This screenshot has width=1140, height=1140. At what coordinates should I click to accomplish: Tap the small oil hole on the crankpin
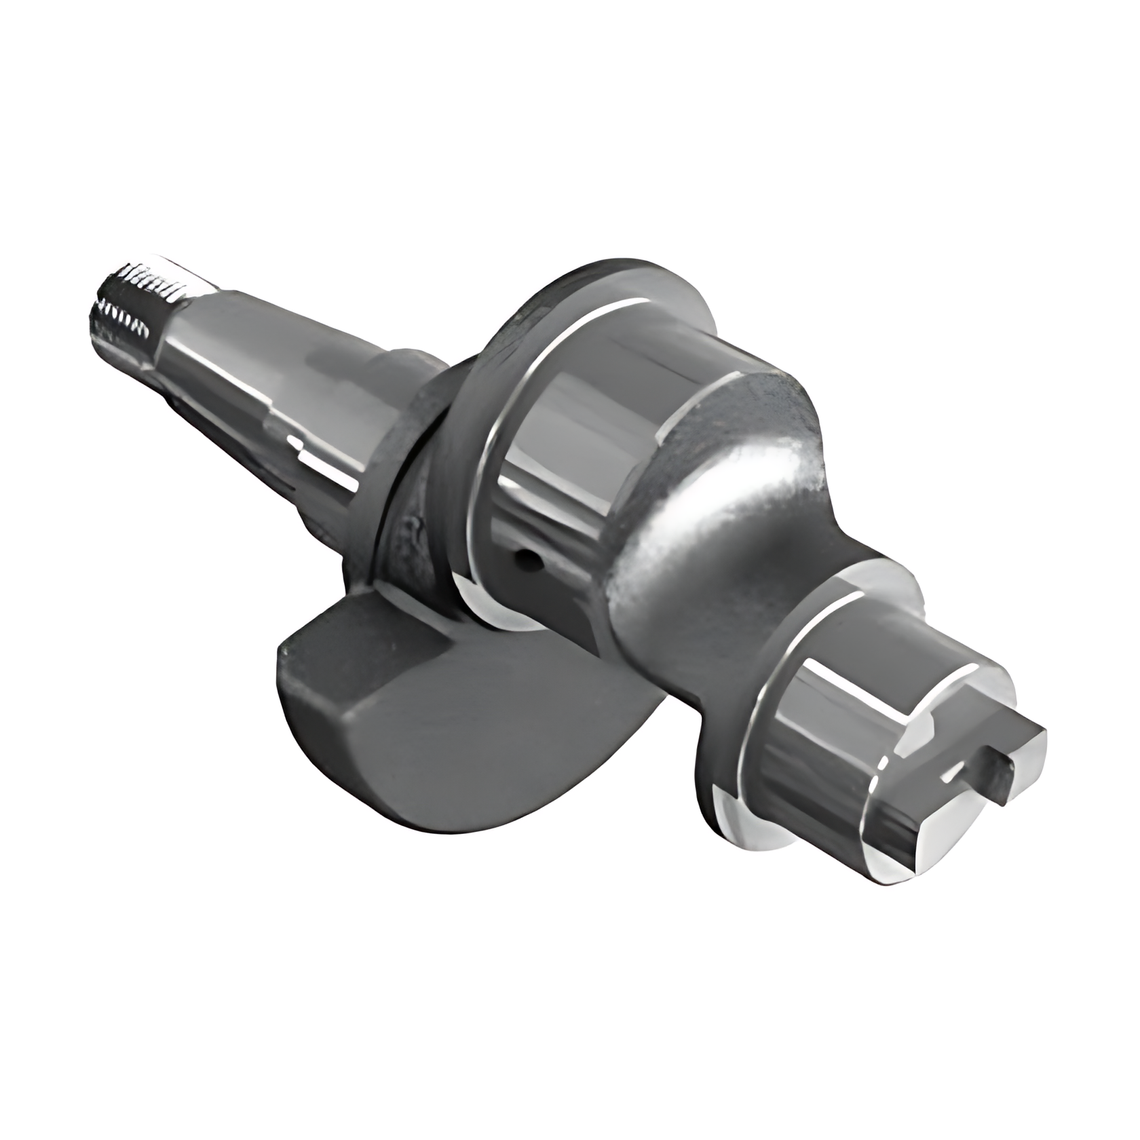(525, 558)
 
